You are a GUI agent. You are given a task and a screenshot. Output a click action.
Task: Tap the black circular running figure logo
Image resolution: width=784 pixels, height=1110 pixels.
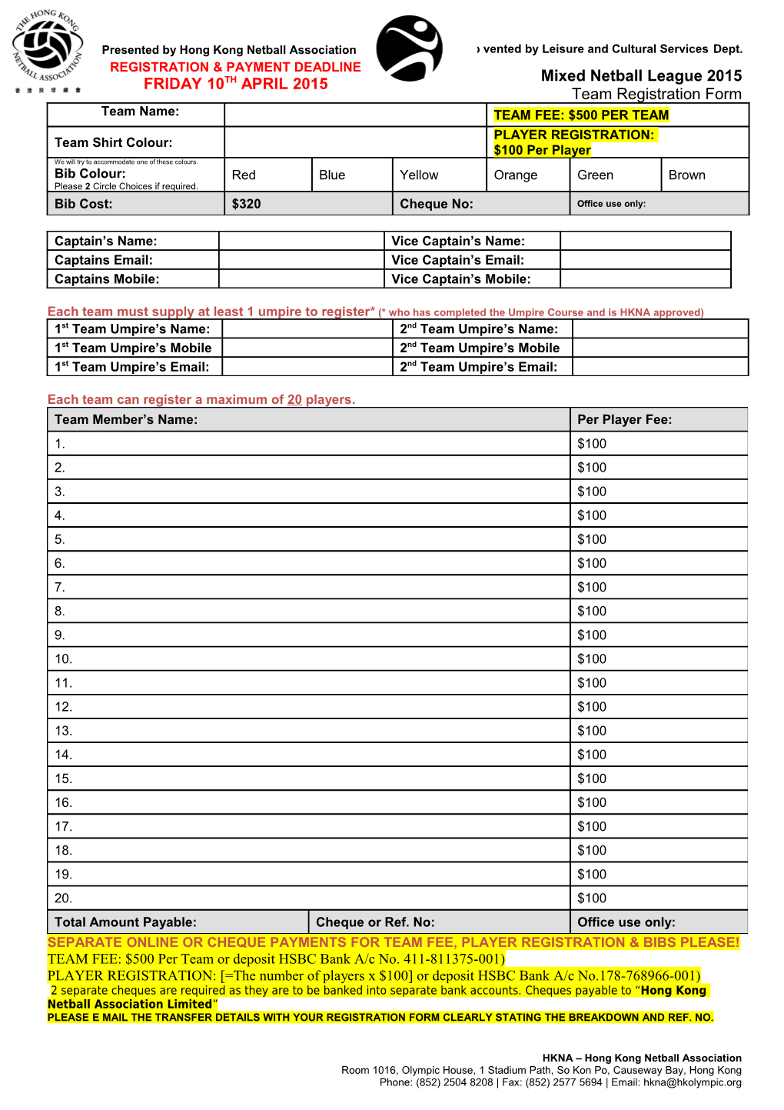(x=409, y=48)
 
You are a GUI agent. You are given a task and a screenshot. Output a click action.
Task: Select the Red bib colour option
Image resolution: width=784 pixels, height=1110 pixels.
(x=244, y=175)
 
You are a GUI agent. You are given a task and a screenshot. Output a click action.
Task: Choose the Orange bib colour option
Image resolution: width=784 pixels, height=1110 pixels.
(x=515, y=175)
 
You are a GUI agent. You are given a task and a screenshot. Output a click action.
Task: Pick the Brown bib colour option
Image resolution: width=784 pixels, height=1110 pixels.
(x=686, y=175)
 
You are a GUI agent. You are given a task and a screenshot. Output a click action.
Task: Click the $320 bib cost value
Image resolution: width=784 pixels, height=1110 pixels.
(x=247, y=204)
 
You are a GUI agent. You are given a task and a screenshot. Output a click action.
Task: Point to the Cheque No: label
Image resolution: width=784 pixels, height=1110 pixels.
(x=436, y=204)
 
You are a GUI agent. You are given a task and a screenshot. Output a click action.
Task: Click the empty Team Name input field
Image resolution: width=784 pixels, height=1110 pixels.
(x=355, y=115)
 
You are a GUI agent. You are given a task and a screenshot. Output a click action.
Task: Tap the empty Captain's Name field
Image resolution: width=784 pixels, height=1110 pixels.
(x=301, y=241)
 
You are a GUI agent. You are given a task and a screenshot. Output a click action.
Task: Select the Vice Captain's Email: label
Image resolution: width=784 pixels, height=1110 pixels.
(x=457, y=260)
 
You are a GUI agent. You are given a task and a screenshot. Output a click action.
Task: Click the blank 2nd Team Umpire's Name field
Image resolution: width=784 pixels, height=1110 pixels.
(x=660, y=328)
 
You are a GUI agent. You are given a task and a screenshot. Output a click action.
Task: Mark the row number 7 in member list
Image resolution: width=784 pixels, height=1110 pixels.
(x=60, y=588)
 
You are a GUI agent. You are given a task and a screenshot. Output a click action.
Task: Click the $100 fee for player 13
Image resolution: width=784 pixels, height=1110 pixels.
(x=592, y=731)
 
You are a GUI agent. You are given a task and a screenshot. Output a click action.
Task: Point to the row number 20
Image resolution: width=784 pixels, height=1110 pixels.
(x=63, y=898)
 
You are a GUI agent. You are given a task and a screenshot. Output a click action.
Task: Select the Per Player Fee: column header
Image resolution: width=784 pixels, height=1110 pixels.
(x=624, y=419)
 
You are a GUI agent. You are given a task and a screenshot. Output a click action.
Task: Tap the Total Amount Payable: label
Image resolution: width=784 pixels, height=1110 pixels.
(x=125, y=922)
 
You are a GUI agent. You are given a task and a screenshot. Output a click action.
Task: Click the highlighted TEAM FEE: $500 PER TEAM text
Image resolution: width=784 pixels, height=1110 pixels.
(x=581, y=115)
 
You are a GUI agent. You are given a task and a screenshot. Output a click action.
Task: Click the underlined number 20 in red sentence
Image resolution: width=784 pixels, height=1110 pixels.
(x=294, y=400)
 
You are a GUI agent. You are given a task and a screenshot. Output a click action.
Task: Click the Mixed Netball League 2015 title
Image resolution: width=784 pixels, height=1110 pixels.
(x=641, y=75)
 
